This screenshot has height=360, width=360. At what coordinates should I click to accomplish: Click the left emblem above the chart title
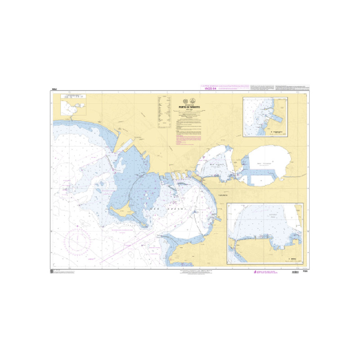pyautogui.click(x=184, y=101)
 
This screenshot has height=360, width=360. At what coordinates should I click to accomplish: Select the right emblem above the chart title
pyautogui.click(x=193, y=101)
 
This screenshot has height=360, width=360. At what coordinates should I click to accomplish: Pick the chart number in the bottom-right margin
pyautogui.click(x=304, y=271)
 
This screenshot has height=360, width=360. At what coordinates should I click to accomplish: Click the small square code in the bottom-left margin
pyautogui.click(x=52, y=271)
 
